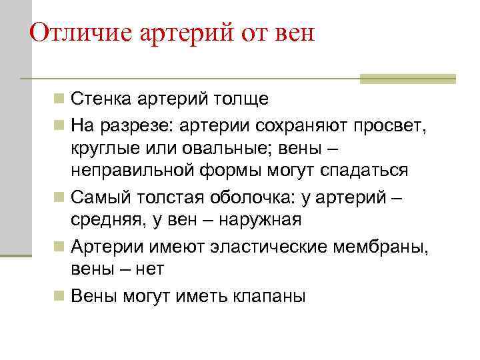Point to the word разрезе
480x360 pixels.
click(x=131, y=124)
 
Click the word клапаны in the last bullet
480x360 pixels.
click(x=269, y=295)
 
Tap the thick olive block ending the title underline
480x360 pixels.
click(x=408, y=79)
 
